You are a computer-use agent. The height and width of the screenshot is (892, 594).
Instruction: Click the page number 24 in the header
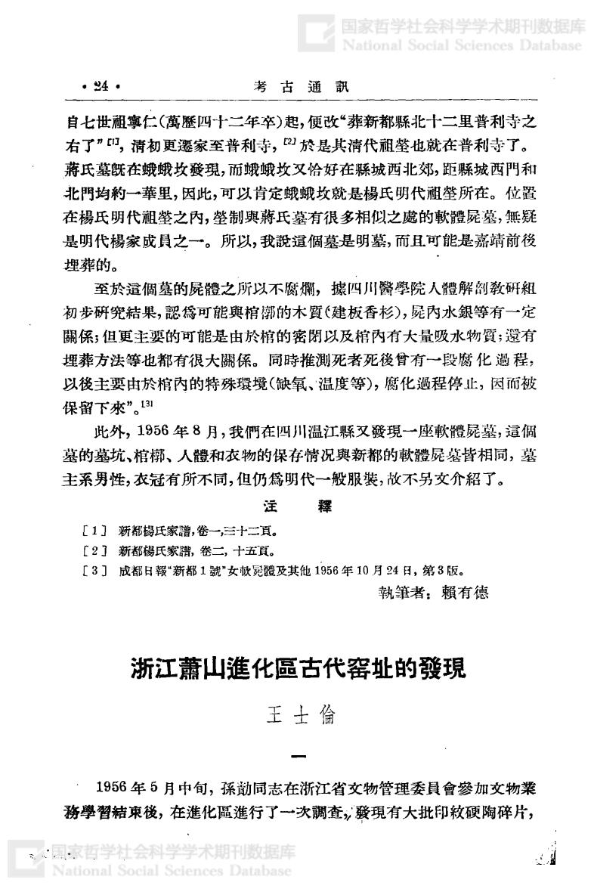(101, 87)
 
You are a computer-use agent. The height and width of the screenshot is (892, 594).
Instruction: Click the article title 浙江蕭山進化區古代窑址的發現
(296, 670)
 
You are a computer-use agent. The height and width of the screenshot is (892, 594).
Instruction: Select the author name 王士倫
(296, 714)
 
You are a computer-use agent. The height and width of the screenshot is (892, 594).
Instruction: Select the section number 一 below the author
(296, 757)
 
